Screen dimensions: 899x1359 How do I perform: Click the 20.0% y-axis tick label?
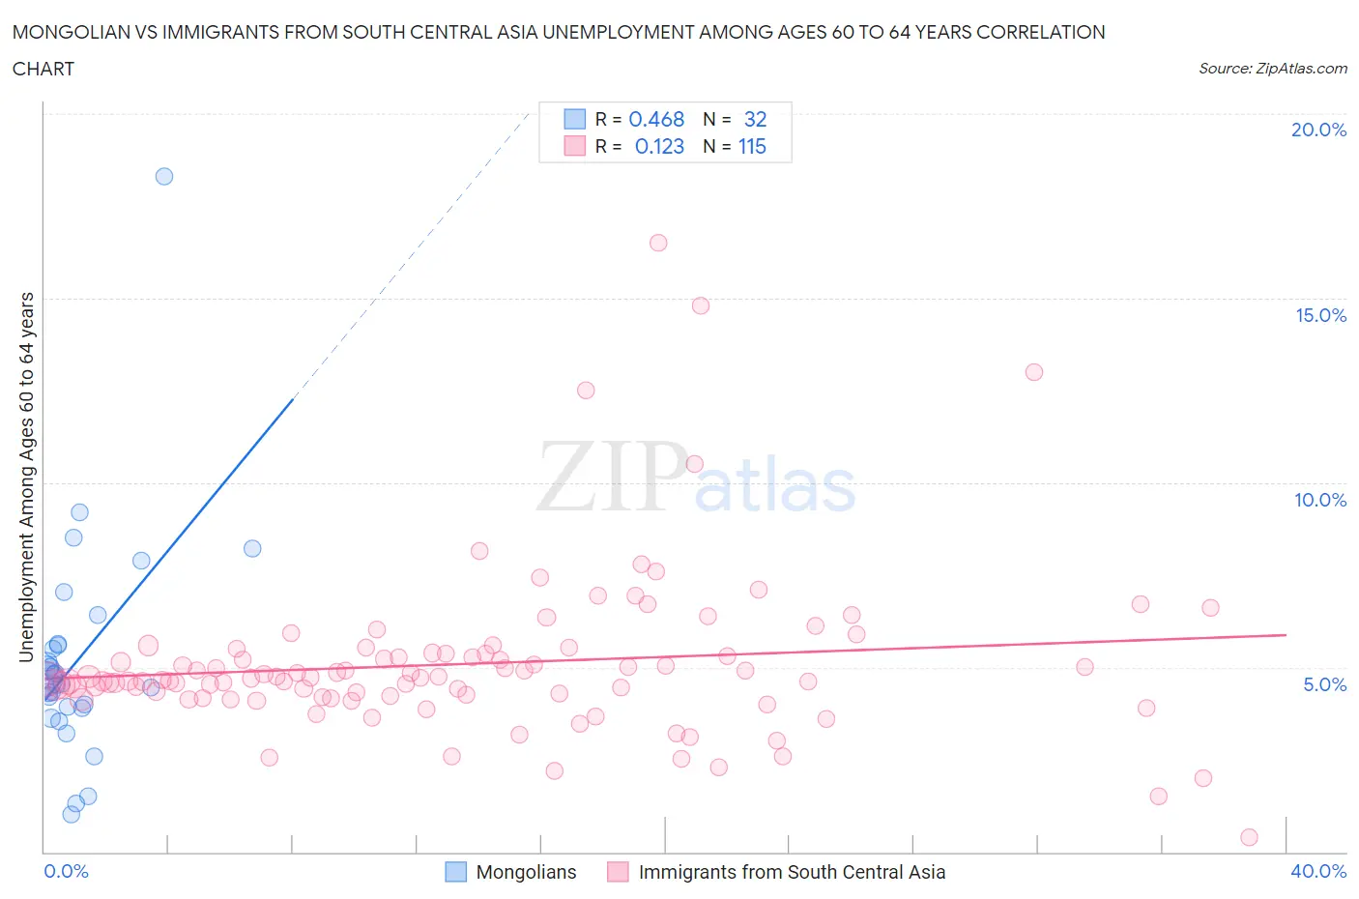[x=1318, y=130]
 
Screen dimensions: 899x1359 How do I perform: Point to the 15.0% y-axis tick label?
[x=1320, y=315]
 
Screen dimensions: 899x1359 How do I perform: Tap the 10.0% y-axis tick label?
[x=1320, y=500]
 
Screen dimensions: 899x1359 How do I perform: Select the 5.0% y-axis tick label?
[x=1324, y=684]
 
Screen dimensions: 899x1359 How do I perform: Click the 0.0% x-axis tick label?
[x=66, y=871]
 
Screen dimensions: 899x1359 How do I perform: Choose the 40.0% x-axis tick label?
[x=1318, y=871]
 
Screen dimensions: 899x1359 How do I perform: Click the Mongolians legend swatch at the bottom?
[x=455, y=872]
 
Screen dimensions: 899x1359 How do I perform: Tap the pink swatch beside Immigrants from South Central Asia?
[x=618, y=872]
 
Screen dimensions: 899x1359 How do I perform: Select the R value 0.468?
[x=656, y=119]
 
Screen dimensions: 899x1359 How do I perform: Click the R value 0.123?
[x=659, y=146]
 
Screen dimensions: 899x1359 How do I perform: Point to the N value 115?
[x=752, y=146]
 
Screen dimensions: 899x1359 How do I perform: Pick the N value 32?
[x=755, y=119]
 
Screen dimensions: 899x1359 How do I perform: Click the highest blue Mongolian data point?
[x=164, y=176]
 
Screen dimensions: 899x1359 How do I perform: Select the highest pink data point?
[x=658, y=243]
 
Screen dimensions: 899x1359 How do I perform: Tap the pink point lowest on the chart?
[x=1249, y=837]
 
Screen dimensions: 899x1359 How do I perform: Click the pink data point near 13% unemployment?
[x=1034, y=372]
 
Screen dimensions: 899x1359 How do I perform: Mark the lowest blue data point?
[x=72, y=814]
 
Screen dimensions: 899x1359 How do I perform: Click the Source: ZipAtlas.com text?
[x=1272, y=68]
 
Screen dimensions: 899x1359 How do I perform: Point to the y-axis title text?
[x=26, y=477]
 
